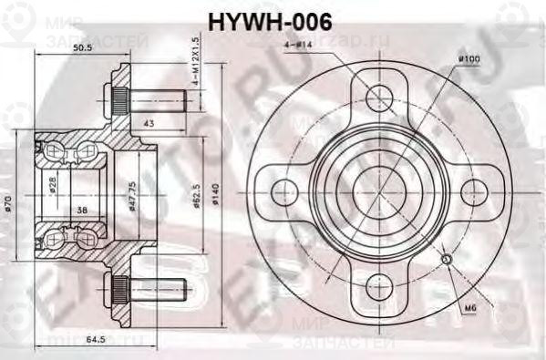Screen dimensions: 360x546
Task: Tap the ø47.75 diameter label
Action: click(x=131, y=192)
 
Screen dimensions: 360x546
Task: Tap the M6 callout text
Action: click(x=469, y=309)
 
